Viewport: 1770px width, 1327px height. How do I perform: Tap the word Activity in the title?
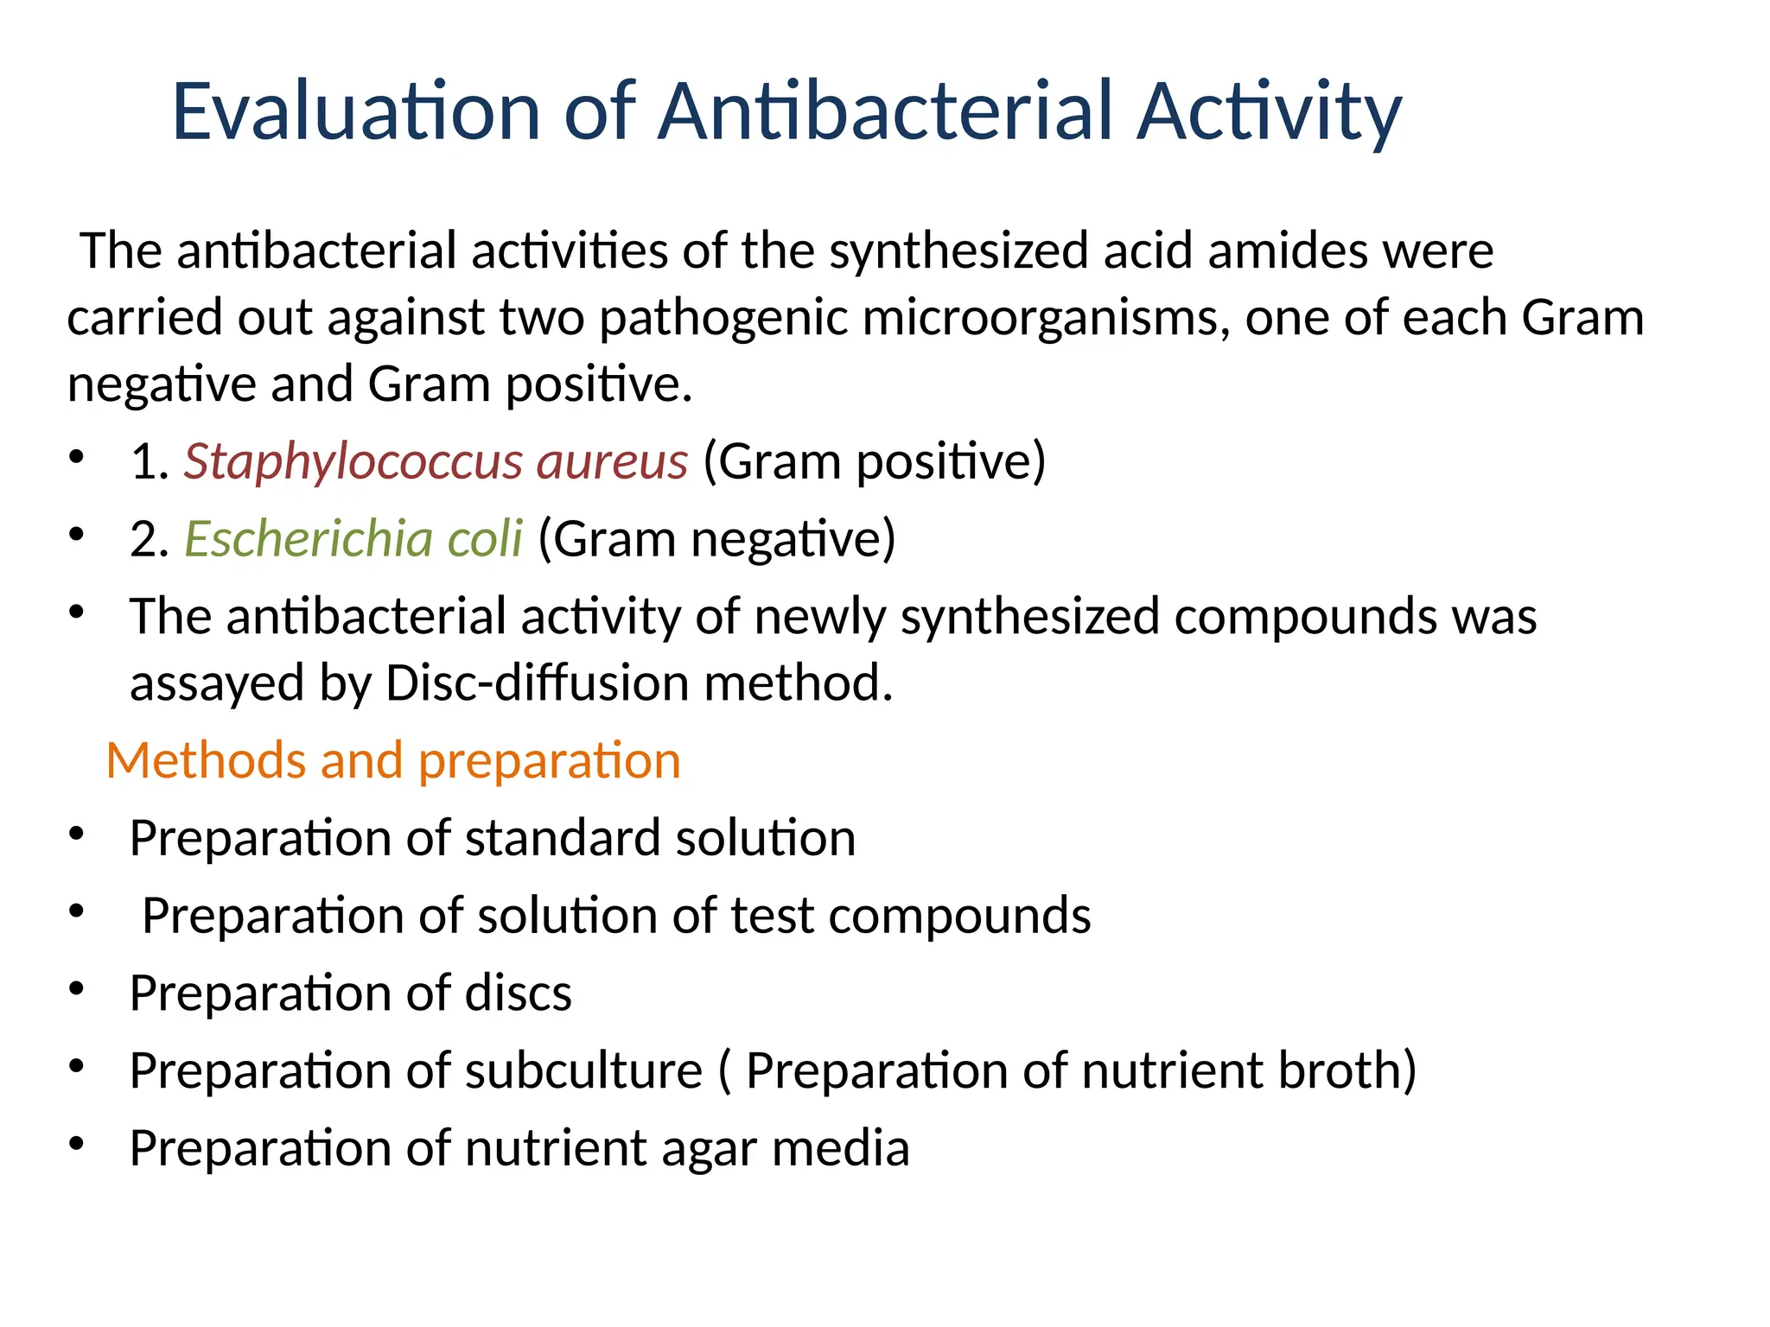click(x=1268, y=111)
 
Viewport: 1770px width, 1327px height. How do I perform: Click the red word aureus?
click(x=612, y=461)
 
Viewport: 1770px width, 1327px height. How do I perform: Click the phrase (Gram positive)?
click(x=874, y=461)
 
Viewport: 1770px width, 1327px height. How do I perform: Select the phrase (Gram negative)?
click(x=716, y=539)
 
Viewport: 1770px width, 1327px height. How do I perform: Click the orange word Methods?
click(x=206, y=761)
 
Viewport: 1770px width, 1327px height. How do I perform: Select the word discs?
click(x=518, y=993)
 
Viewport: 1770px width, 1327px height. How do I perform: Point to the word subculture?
click(x=583, y=1070)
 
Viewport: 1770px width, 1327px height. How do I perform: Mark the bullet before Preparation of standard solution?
click(x=77, y=835)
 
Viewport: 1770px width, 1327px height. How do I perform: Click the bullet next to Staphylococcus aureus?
click(x=77, y=457)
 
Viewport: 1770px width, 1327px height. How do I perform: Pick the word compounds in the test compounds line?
click(x=959, y=916)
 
